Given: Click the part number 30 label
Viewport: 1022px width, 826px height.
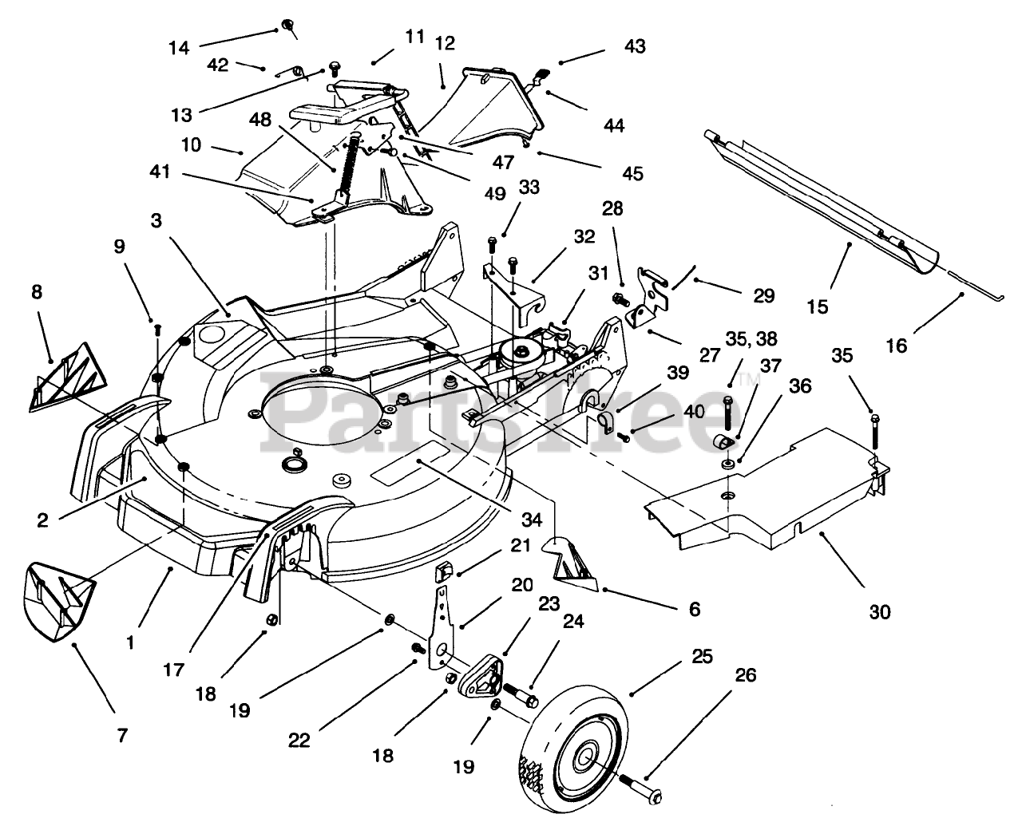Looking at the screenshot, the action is (880, 611).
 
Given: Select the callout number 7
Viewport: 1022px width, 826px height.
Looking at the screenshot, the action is (122, 735).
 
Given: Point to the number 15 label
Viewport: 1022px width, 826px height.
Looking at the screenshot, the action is (817, 306).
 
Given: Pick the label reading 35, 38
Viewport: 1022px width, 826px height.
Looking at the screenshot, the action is (751, 338).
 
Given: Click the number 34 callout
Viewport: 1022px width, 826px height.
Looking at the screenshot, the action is (531, 520).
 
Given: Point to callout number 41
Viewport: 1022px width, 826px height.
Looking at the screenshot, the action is (160, 172).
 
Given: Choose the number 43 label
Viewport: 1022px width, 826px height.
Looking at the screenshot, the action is (635, 46).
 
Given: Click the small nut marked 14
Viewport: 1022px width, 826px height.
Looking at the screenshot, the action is (288, 24).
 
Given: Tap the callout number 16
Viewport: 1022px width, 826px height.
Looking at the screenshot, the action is (896, 346).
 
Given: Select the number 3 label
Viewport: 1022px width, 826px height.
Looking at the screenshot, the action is (156, 220).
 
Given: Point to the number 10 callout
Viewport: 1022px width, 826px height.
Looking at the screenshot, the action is (191, 144).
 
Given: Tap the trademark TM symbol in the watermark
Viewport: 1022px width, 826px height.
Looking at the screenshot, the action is (748, 379).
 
